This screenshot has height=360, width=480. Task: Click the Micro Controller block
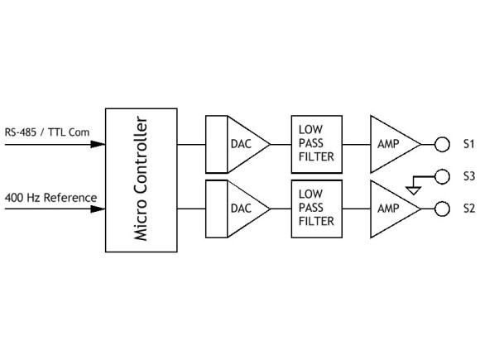click(x=142, y=180)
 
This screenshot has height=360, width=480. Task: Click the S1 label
click(x=468, y=144)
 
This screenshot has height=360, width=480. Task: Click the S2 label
click(x=468, y=209)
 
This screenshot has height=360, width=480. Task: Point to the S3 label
click(x=468, y=175)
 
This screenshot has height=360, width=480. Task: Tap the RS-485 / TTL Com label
click(x=46, y=132)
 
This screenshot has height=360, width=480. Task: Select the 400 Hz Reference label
click(x=50, y=197)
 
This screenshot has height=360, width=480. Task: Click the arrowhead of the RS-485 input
click(x=98, y=144)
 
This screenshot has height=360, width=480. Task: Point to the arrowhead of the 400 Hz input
click(x=98, y=209)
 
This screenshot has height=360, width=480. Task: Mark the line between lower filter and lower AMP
click(x=354, y=209)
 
